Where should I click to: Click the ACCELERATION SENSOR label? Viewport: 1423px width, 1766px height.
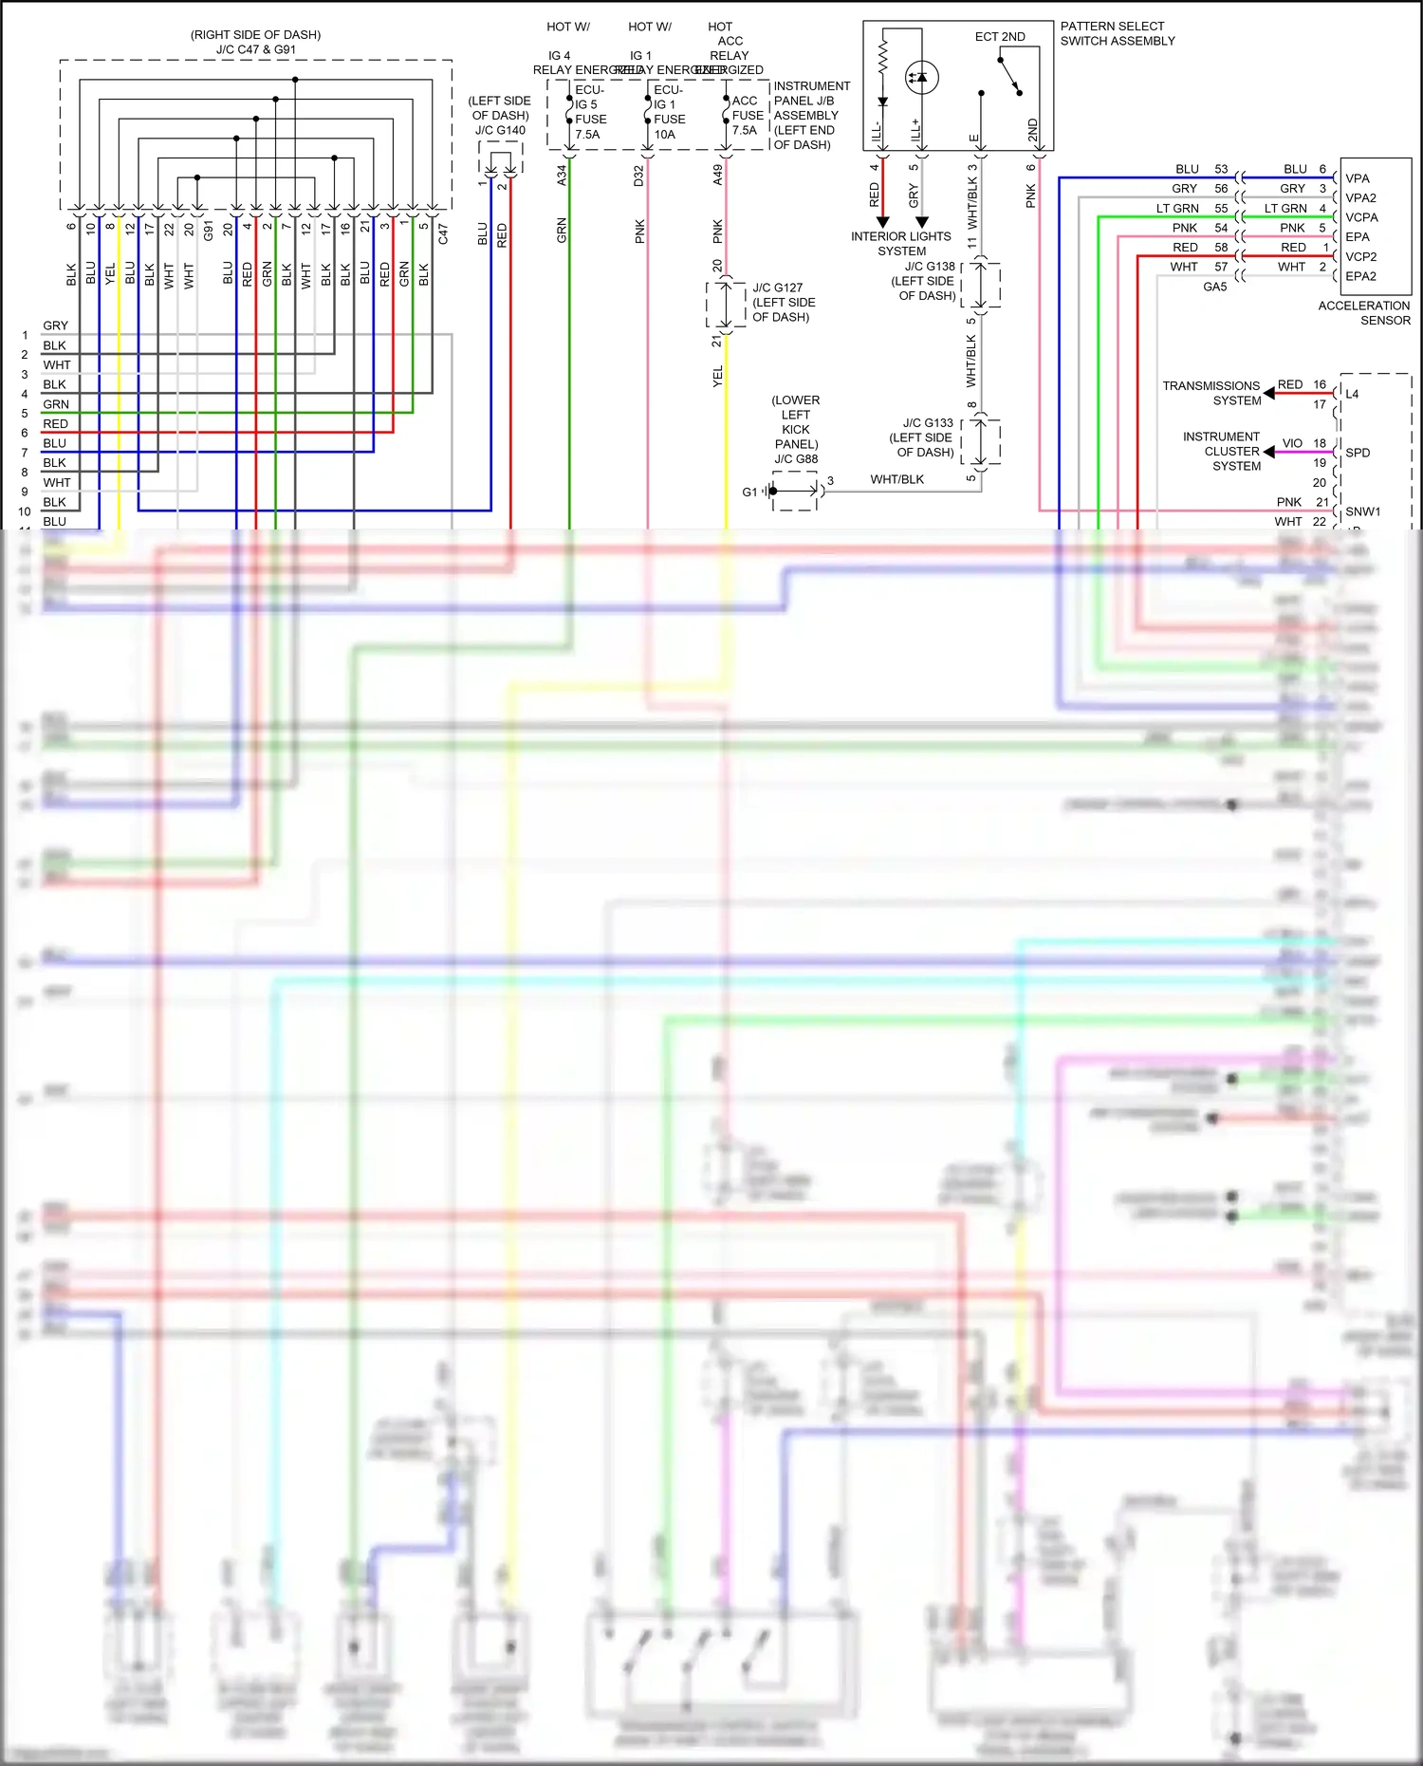tap(1363, 312)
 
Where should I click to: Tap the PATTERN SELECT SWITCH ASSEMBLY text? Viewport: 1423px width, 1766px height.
tap(1117, 33)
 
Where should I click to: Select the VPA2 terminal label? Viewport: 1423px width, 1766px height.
tap(1359, 197)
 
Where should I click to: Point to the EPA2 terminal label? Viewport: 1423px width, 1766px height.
tap(1359, 276)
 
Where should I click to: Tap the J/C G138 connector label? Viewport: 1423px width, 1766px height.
tap(927, 281)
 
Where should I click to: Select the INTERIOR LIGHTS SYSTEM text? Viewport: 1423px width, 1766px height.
tap(900, 244)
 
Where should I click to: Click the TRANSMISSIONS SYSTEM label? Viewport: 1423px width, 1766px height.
tap(1211, 393)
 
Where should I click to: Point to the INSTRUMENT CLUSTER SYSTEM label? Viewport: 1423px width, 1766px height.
tap(1222, 451)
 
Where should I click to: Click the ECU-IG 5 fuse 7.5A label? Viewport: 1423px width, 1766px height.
tap(589, 112)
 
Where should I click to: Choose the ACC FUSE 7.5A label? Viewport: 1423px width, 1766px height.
tap(747, 115)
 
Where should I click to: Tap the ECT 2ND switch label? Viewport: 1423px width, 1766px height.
tap(1000, 36)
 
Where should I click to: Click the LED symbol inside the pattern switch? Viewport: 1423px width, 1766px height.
tap(921, 77)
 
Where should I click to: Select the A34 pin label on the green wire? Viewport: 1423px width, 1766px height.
tap(562, 175)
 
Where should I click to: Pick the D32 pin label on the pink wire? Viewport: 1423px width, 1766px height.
tap(639, 175)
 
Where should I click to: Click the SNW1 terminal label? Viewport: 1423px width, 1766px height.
tap(1362, 511)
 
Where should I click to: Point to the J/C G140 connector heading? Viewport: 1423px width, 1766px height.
tap(500, 116)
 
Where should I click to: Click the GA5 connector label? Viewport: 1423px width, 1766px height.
tap(1214, 287)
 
